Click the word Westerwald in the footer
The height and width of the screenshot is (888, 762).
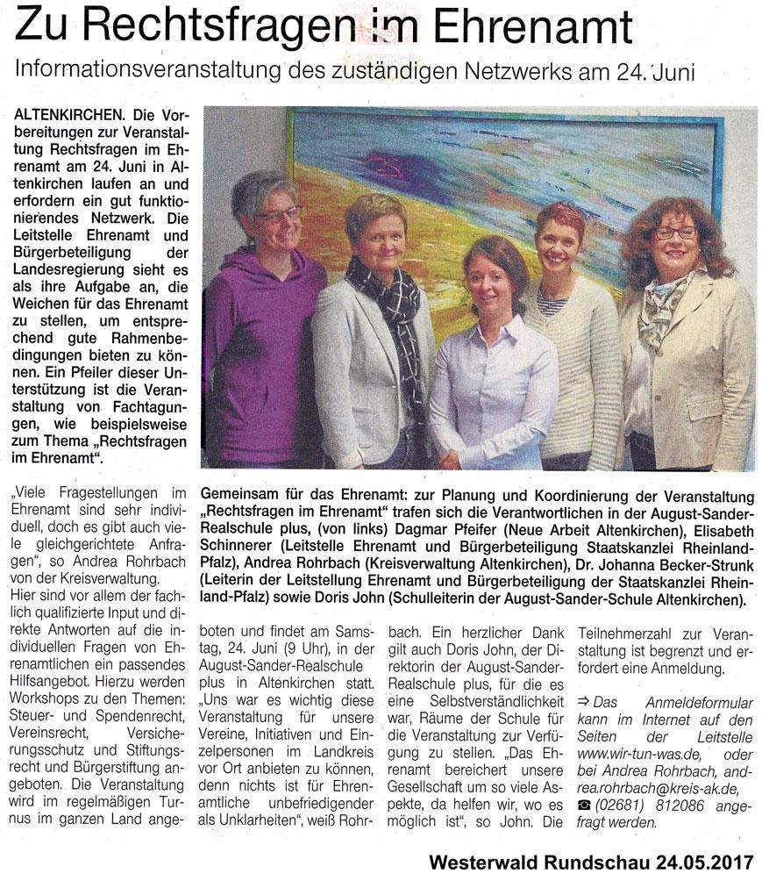(486, 863)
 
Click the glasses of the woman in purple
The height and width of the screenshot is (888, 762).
(278, 212)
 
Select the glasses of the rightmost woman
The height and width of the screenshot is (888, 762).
(674, 233)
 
